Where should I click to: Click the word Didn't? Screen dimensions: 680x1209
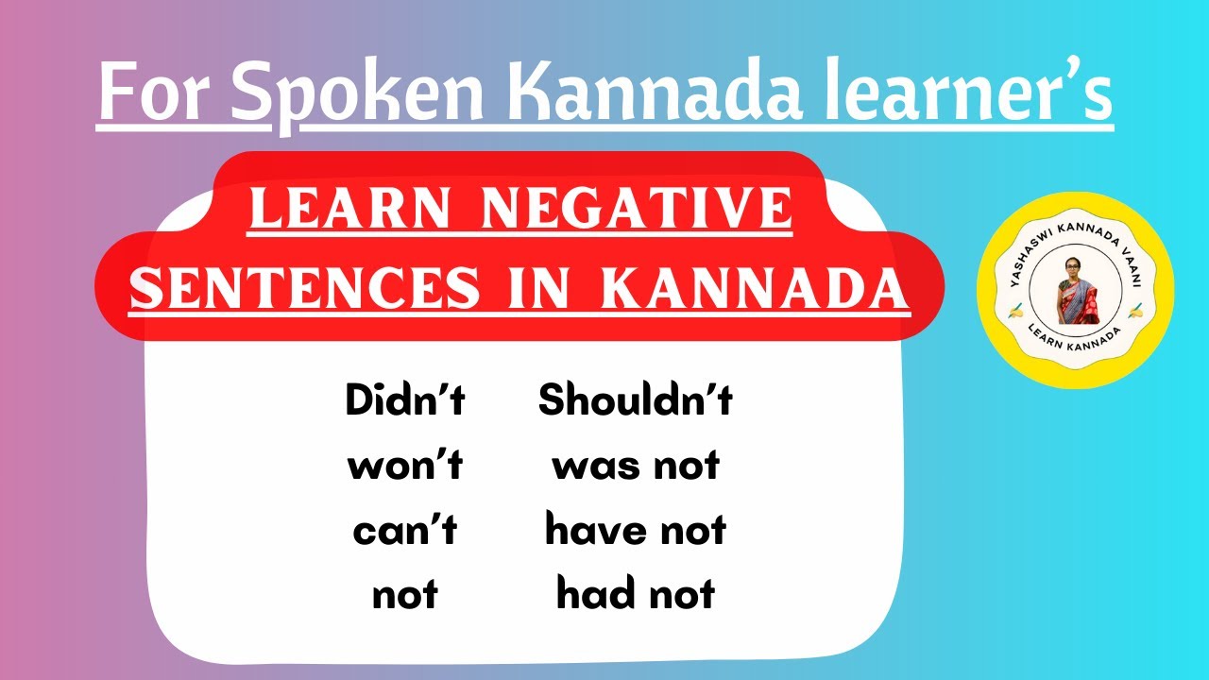[x=405, y=401]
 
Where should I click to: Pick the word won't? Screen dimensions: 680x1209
[x=405, y=467]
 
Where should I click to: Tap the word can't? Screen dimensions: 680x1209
[x=405, y=532]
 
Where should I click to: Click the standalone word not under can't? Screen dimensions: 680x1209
[x=405, y=596]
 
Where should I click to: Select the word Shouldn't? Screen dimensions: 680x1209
[x=636, y=401]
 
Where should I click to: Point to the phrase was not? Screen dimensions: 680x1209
[x=636, y=467]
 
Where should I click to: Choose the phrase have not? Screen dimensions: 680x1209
[x=636, y=532]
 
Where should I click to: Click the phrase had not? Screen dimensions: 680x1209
[x=636, y=596]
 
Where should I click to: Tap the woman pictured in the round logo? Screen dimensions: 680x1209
[x=1075, y=288]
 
